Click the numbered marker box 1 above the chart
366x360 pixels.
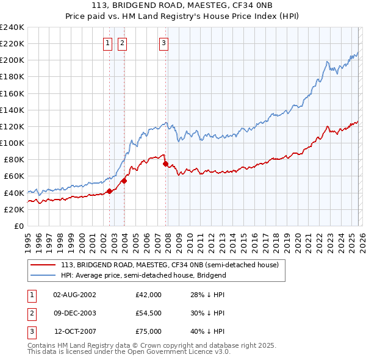pyautogui.click(x=107, y=43)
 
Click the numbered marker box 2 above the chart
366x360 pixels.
pyautogui.click(x=122, y=43)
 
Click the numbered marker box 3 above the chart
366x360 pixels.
pyautogui.click(x=164, y=43)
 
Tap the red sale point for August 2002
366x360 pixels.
pyautogui.click(x=109, y=191)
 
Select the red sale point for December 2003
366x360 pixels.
pyautogui.click(x=124, y=181)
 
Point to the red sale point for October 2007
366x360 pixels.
pyautogui.click(x=165, y=164)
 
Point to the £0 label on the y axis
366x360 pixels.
pyautogui.click(x=18, y=226)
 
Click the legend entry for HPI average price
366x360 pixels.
pyautogui.click(x=143, y=275)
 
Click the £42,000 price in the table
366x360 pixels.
pyautogui.click(x=148, y=295)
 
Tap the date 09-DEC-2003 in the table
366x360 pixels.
pyautogui.click(x=74, y=313)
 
